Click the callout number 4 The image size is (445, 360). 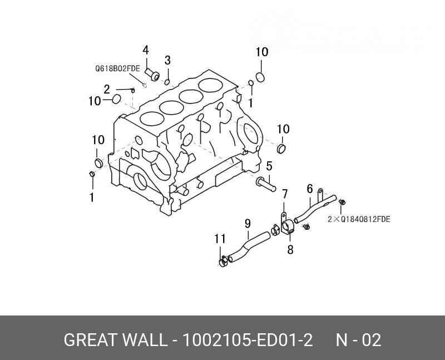[146, 51]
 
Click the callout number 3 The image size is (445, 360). [167, 61]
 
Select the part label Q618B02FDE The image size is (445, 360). [117, 69]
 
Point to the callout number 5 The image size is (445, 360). [269, 166]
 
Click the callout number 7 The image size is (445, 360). [284, 194]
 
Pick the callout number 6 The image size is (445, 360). [310, 189]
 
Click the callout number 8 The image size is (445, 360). [290, 250]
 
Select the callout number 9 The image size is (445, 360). [248, 224]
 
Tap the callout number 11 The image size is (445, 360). [220, 239]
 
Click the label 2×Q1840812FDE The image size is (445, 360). [359, 219]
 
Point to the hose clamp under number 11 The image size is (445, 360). [222, 259]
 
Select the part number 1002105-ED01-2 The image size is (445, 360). [248, 340]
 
